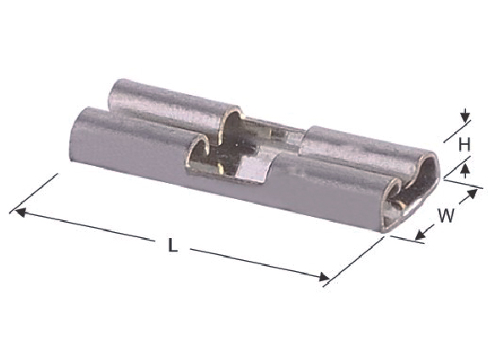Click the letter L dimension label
point(173,245)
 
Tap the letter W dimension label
point(446,215)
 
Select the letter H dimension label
point(464,144)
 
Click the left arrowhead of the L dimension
point(20,213)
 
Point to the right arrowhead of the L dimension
point(324,277)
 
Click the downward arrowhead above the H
point(465,117)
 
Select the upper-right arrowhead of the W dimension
point(473,193)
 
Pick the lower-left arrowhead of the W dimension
point(420,235)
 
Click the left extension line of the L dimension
point(33,193)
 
